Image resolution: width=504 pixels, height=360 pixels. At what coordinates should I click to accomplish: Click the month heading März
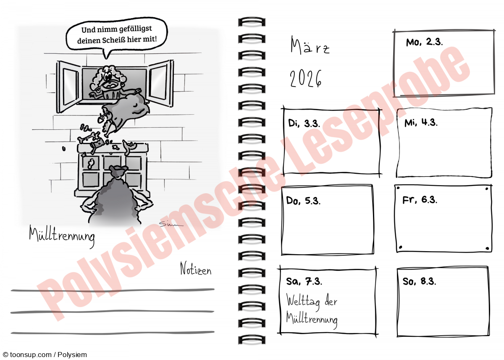310,45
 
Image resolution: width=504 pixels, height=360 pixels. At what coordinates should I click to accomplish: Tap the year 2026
306,78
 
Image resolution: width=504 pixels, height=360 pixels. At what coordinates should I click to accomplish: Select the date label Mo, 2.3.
424,42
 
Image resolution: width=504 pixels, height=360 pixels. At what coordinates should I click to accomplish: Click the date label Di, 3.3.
304,124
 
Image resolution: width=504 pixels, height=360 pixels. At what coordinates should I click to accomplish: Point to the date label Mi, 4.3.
421,123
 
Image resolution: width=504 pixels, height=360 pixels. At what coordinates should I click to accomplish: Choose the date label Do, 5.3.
303,200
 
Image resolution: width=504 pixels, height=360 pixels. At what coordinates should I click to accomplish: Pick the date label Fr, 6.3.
420,200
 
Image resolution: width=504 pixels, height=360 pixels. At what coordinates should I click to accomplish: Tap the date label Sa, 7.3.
304,281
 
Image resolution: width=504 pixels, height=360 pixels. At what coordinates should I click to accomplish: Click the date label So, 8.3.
419,281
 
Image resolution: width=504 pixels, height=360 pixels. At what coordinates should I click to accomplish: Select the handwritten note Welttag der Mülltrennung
312,311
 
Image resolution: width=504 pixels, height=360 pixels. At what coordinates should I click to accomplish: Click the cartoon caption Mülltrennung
62,236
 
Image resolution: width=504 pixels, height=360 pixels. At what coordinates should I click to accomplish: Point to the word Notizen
196,268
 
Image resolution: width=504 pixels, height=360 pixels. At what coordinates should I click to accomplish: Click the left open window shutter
68,86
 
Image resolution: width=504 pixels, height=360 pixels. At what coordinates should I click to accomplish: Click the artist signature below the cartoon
171,224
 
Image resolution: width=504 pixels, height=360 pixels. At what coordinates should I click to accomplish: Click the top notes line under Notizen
113,290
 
